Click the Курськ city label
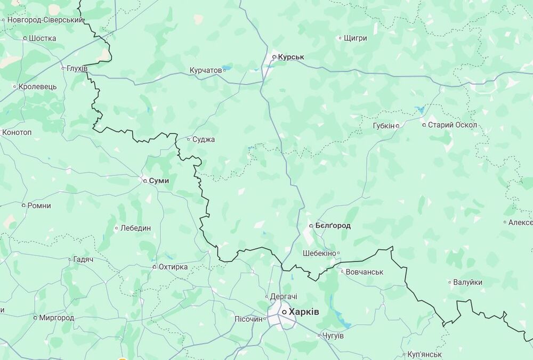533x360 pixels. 291,56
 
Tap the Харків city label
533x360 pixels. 304,312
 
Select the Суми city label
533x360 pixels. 159,181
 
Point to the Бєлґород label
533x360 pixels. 333,226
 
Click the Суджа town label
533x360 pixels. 204,140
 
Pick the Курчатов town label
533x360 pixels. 205,70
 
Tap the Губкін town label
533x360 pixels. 384,126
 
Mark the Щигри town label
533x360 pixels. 356,38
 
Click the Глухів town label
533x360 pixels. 77,68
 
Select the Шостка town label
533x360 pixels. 43,38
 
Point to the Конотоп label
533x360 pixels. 17,132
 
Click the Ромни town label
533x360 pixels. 39,206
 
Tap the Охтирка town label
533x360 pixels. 173,267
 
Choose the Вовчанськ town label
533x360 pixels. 365,272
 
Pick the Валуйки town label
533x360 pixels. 467,282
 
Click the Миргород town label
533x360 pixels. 56,318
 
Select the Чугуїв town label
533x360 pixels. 333,336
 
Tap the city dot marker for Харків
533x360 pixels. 284,312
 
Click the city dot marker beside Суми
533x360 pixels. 145,181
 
